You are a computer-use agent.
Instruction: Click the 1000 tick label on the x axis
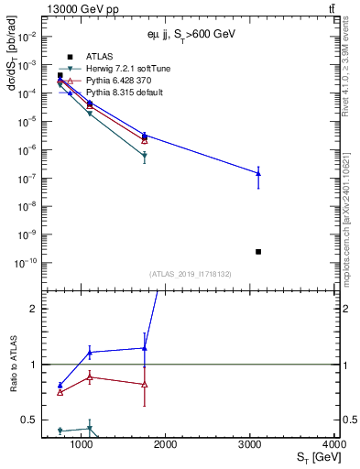[x=82, y=445]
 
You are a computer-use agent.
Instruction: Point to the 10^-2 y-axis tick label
[x=28, y=37]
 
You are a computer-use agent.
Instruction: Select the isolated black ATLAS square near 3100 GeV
[x=258, y=251]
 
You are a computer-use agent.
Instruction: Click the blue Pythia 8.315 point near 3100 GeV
[x=258, y=173]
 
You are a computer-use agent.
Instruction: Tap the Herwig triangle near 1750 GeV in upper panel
[x=145, y=156]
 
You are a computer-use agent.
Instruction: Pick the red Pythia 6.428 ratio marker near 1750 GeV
[x=145, y=384]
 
